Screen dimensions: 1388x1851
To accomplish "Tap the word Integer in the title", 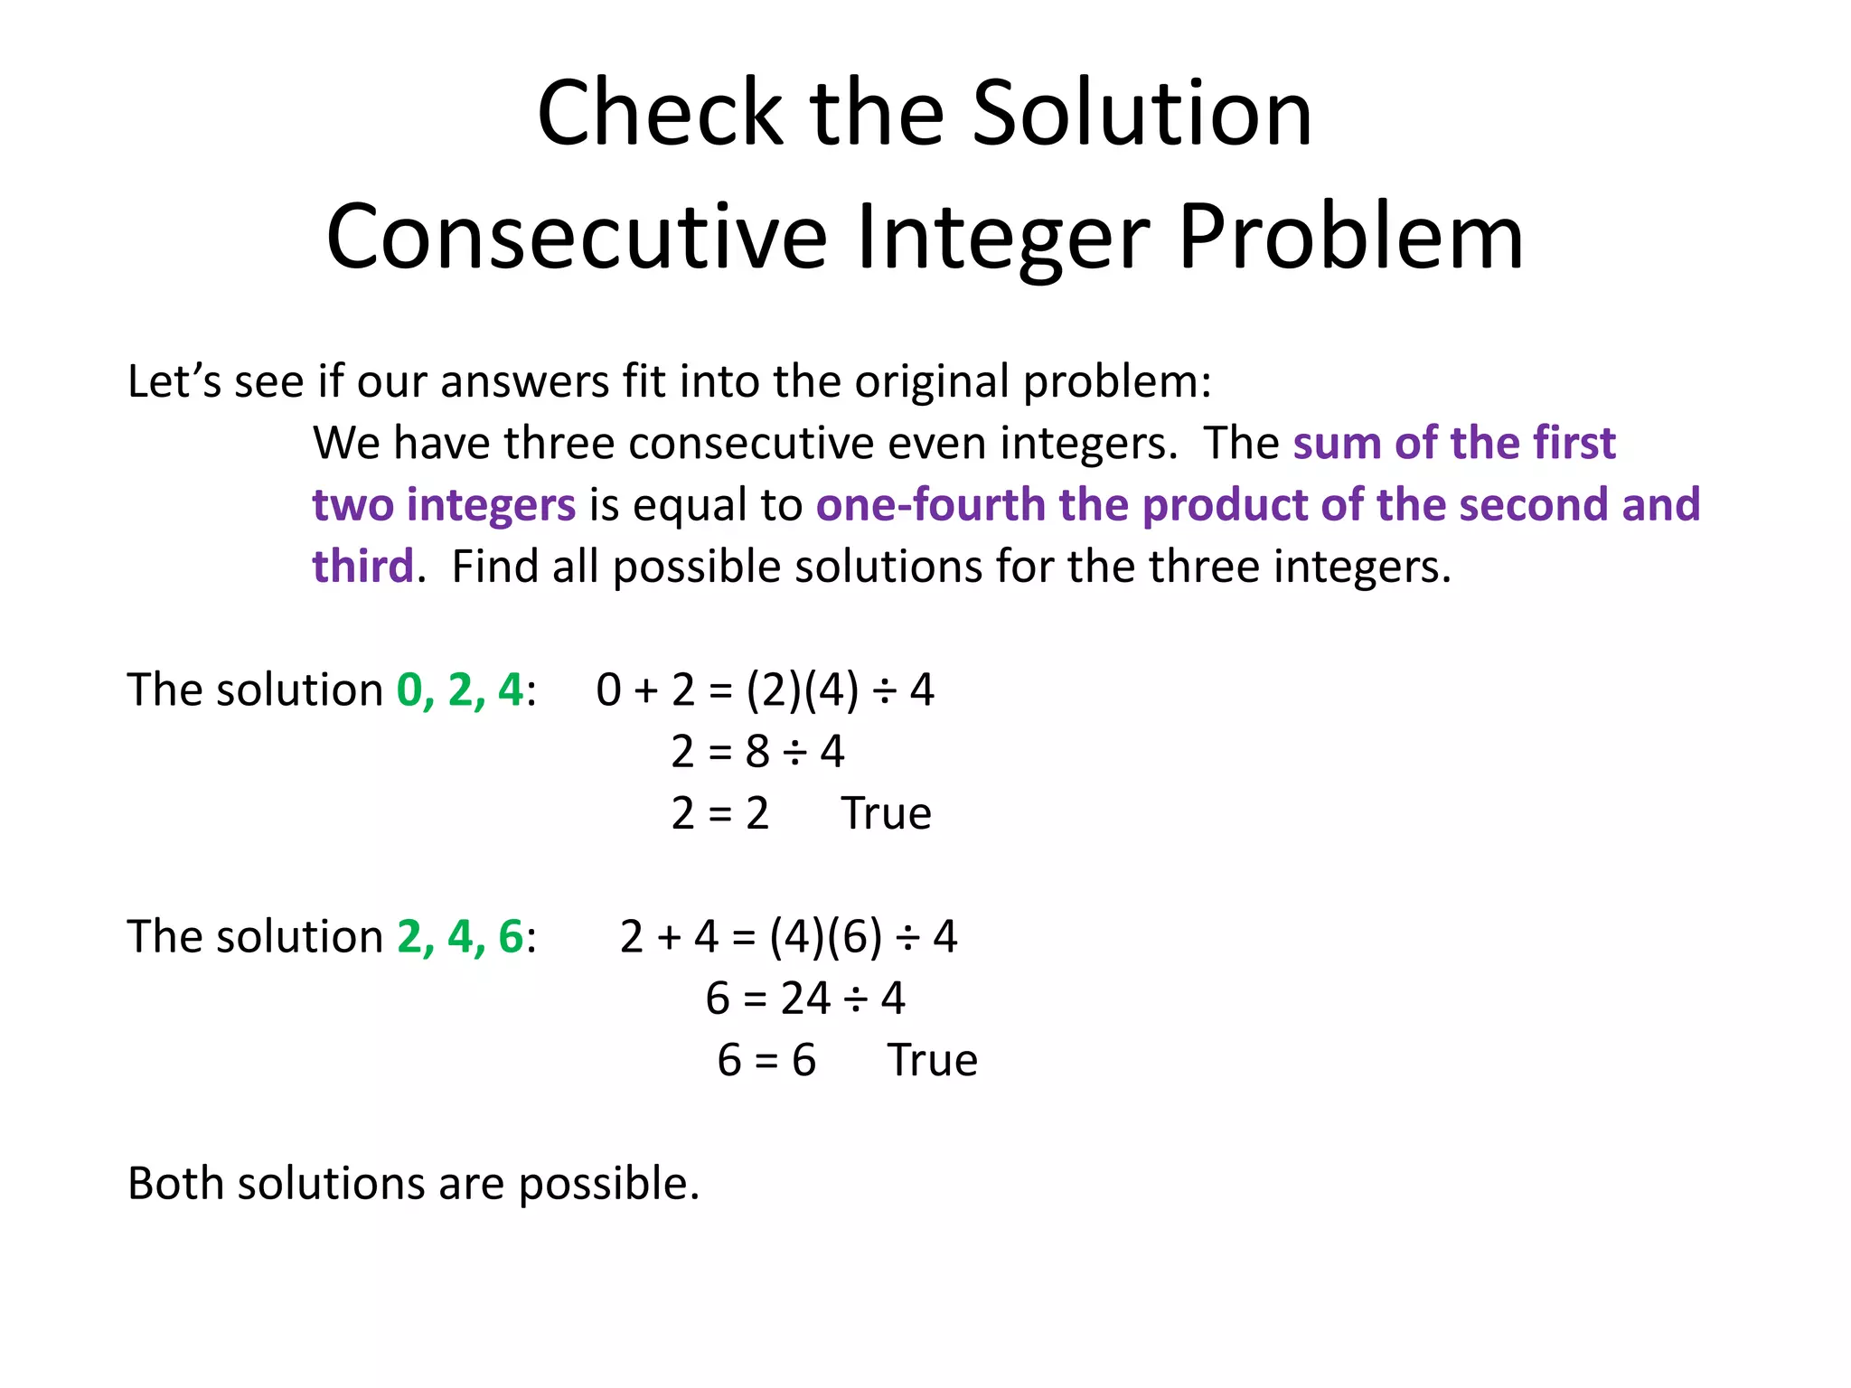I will tap(1002, 237).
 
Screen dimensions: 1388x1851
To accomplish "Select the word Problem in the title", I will tap(1351, 237).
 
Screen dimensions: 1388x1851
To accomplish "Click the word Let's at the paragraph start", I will tap(174, 381).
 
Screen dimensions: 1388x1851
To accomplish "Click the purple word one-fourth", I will tap(930, 505).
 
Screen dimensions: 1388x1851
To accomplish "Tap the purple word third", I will tap(362, 567).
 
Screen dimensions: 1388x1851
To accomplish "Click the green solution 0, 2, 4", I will tap(460, 690).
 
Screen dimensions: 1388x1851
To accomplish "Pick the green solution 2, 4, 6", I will tap(460, 937).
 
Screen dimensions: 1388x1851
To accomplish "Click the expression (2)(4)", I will tap(803, 690).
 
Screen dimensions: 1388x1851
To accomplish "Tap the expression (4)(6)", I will tap(825, 937).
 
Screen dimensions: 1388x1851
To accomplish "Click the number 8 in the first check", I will tap(757, 752).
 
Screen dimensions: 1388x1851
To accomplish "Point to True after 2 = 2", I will tap(886, 813).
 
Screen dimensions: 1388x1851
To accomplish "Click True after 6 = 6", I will tap(932, 1061).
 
